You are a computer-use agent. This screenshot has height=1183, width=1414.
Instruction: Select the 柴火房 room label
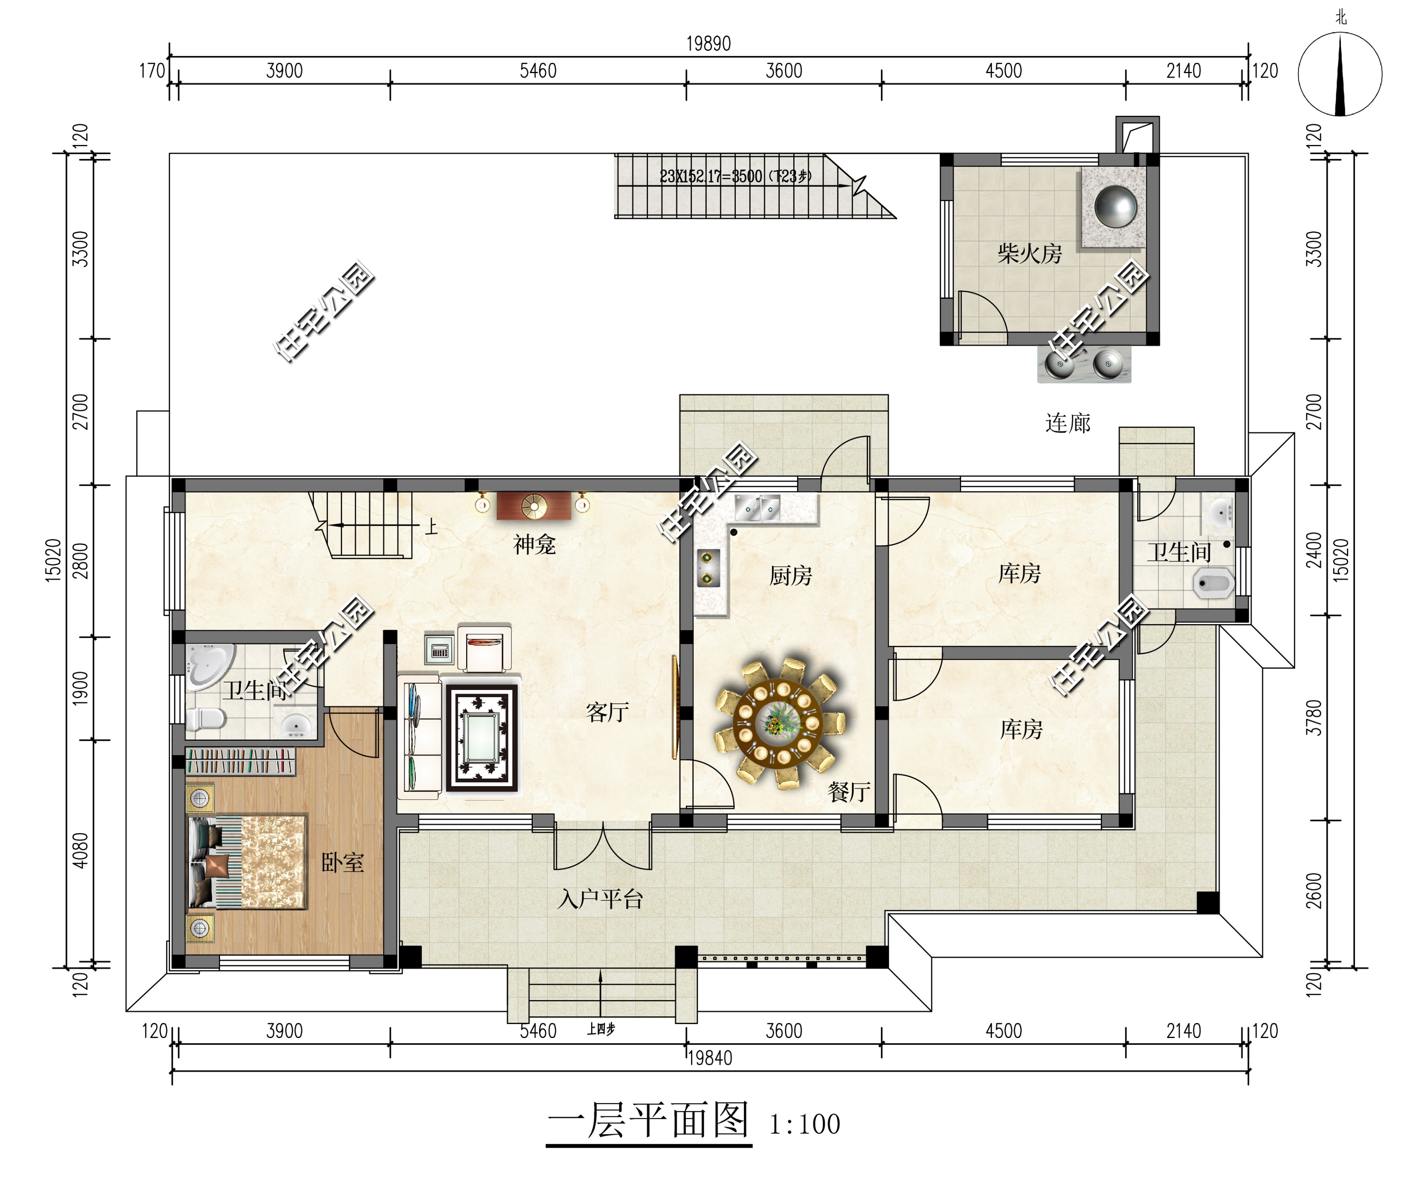click(1029, 254)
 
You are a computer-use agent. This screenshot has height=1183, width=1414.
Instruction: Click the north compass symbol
click(1340, 74)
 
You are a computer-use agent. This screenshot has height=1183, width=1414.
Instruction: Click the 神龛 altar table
click(533, 506)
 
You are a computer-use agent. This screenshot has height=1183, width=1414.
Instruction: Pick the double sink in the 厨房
click(757, 508)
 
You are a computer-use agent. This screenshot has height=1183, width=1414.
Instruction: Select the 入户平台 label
click(600, 899)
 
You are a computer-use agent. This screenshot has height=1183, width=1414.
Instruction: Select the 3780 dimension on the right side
click(1314, 717)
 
